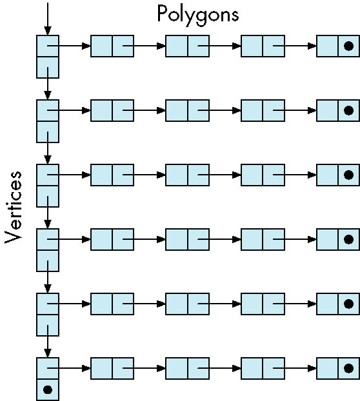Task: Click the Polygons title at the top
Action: (x=198, y=15)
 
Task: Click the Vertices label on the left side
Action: (x=14, y=208)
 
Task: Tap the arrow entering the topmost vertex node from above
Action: (x=48, y=19)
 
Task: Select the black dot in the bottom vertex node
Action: (x=48, y=390)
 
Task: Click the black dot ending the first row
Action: (x=349, y=46)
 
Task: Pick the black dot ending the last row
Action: (x=349, y=368)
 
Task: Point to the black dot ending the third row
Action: (x=349, y=175)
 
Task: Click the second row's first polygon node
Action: (x=112, y=110)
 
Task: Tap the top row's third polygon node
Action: (x=263, y=46)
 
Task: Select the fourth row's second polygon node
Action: (x=187, y=239)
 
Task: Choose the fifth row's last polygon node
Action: (x=338, y=304)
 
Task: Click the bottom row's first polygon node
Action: (x=112, y=368)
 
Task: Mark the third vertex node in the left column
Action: (x=48, y=186)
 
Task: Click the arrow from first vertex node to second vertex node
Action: (x=48, y=83)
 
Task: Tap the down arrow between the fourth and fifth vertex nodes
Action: (x=48, y=277)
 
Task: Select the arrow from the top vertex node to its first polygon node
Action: (x=69, y=46)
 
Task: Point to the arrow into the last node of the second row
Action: (x=295, y=110)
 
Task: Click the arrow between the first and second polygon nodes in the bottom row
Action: (x=144, y=368)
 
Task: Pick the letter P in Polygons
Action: (x=162, y=14)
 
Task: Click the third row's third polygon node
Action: (x=263, y=175)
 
